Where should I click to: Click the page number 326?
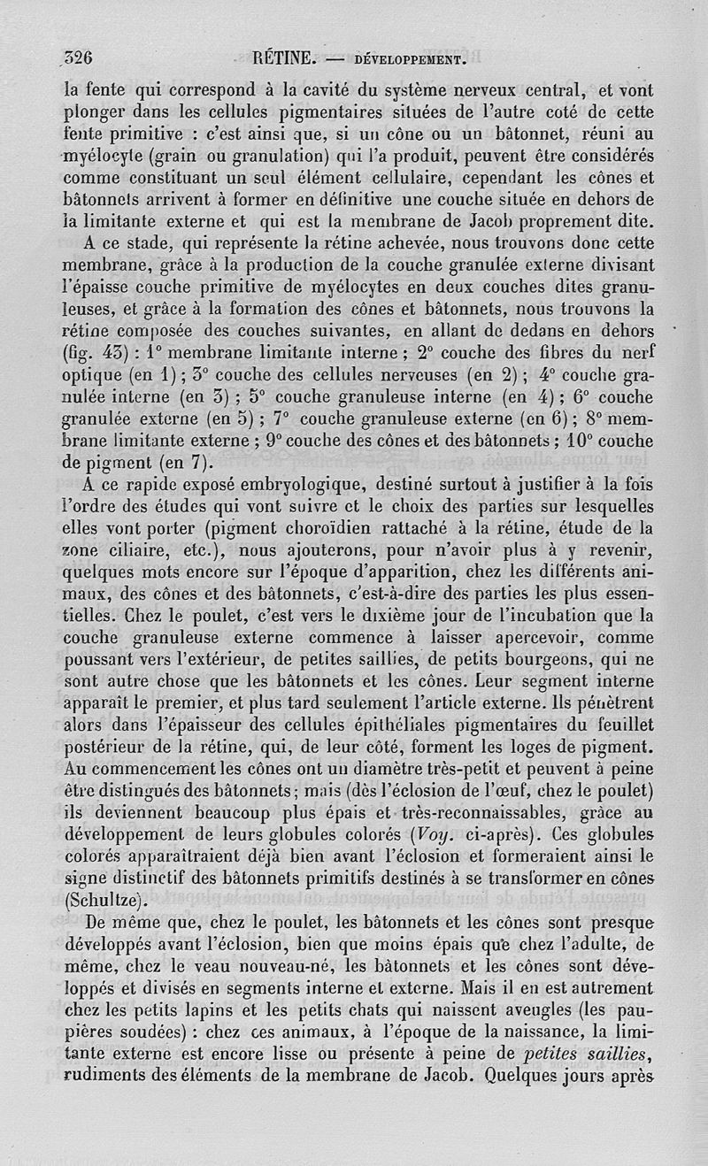pyautogui.click(x=79, y=58)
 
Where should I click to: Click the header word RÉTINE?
pyautogui.click(x=284, y=59)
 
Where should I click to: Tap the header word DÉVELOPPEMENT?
pyautogui.click(x=409, y=60)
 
